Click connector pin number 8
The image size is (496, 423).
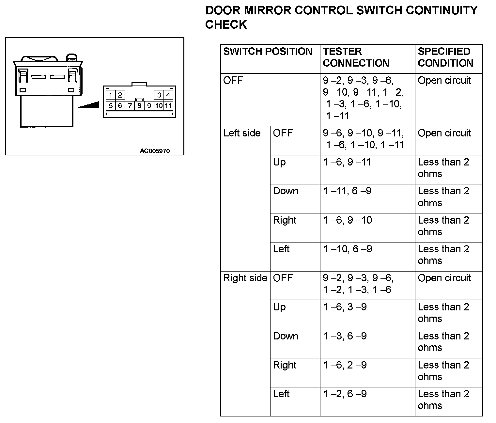[139, 106]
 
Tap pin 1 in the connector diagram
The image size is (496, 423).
[111, 95]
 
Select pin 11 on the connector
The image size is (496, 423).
[168, 106]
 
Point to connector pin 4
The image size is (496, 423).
[168, 95]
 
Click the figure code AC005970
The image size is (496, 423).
[155, 151]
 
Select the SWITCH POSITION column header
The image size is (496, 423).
[268, 52]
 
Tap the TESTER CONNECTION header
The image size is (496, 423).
[356, 57]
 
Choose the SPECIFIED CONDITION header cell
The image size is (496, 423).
[445, 57]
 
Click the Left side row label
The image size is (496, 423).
[242, 133]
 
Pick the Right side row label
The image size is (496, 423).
[245, 278]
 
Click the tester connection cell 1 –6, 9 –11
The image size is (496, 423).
[347, 162]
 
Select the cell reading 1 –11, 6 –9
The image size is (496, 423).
[347, 191]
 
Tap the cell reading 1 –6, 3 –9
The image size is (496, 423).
[345, 307]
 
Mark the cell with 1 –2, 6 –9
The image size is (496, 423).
[345, 394]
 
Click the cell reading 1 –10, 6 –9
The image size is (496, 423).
[347, 249]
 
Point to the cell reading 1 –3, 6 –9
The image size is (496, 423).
[345, 336]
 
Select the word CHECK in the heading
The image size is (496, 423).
[226, 25]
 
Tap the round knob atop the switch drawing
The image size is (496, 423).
[72, 58]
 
